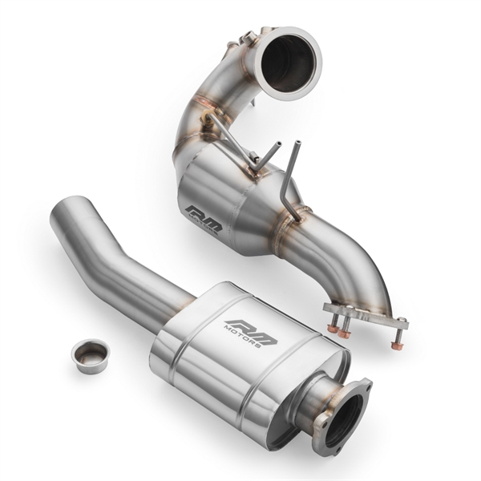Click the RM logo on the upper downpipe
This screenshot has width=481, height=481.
[x=204, y=218]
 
